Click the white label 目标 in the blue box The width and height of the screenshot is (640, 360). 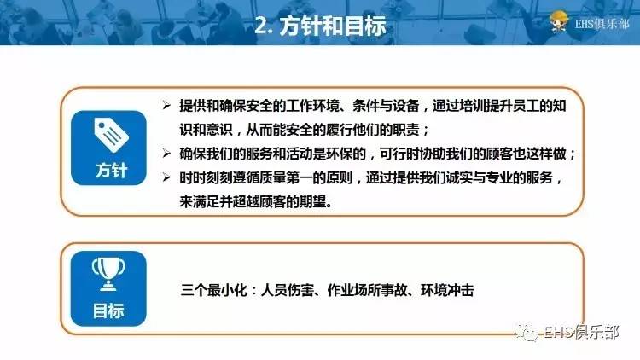pos(109,311)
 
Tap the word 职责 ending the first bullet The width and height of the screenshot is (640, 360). pos(410,131)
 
